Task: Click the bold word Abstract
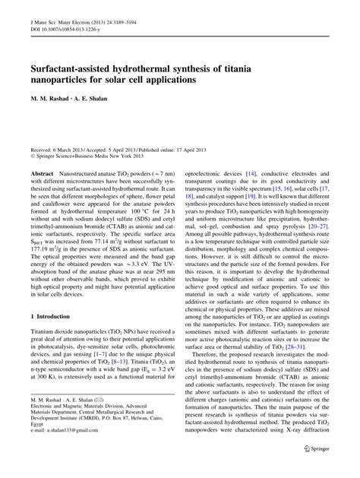[x=41, y=174]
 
